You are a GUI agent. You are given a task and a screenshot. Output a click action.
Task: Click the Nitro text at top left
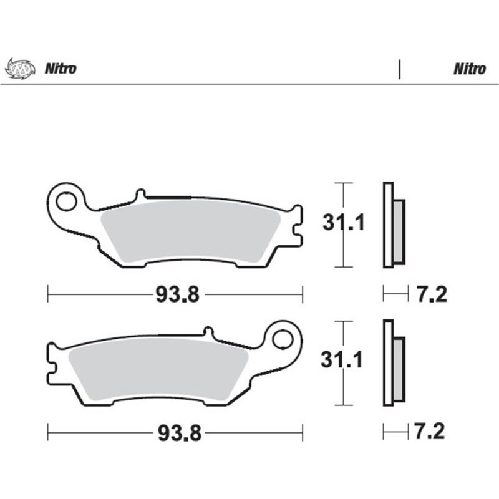[x=60, y=69]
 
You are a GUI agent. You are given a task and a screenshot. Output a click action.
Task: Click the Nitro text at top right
[x=469, y=69]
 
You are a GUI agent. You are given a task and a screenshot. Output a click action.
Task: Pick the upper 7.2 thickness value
[x=430, y=294]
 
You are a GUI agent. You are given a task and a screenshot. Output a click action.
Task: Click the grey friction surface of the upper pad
[x=187, y=231]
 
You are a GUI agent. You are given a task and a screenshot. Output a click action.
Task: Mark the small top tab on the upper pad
[x=141, y=194]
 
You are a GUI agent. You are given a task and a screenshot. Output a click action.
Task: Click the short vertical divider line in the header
[x=399, y=69]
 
